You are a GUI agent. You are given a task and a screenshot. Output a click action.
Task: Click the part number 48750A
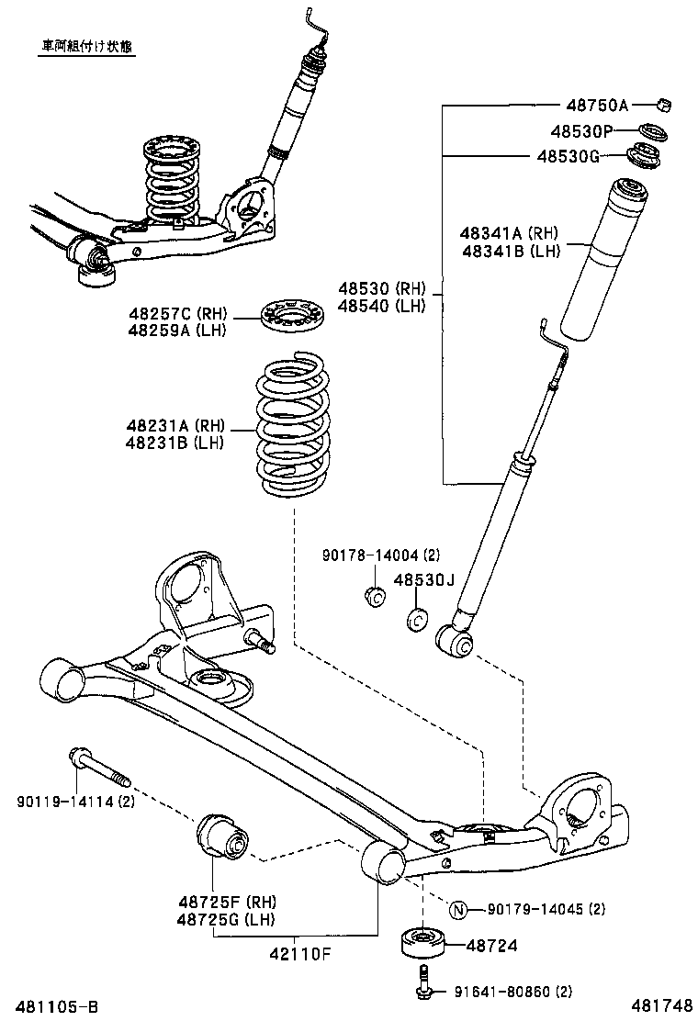pyautogui.click(x=596, y=106)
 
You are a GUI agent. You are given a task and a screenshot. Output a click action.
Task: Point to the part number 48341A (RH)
pyautogui.click(x=510, y=234)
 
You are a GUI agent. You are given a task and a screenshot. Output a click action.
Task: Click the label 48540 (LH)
pyautogui.click(x=381, y=306)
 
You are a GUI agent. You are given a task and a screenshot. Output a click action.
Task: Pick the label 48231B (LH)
pyautogui.click(x=175, y=443)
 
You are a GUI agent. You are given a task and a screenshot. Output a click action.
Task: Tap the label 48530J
pyautogui.click(x=424, y=580)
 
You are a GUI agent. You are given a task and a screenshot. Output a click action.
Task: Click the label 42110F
pyautogui.click(x=298, y=954)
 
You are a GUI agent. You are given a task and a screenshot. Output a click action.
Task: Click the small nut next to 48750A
pyautogui.click(x=667, y=105)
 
